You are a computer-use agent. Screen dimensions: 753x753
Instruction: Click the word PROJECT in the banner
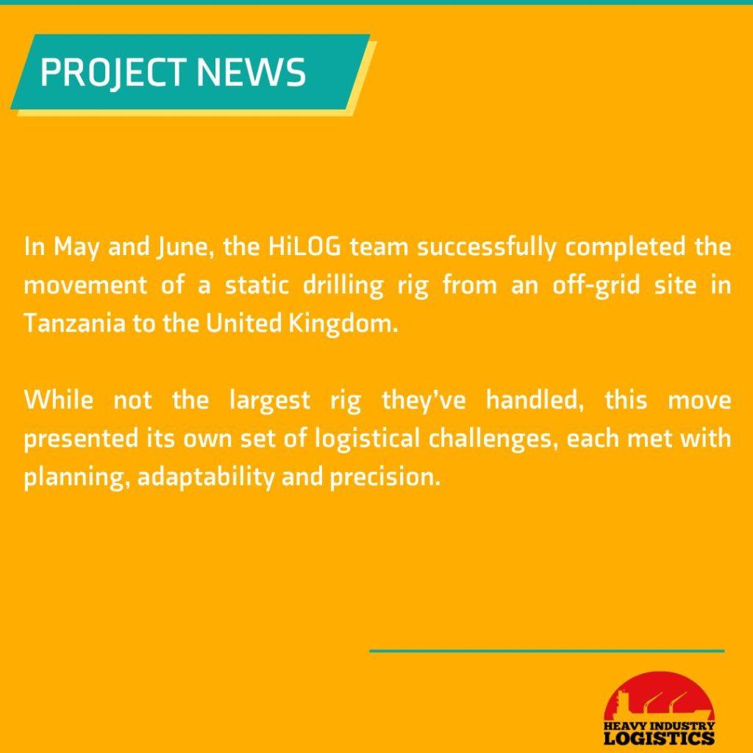click(113, 73)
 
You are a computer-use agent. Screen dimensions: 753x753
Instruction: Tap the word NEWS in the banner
click(251, 72)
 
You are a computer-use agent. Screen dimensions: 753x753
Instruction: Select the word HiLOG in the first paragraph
click(304, 247)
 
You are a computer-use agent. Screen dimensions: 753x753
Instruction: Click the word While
click(59, 399)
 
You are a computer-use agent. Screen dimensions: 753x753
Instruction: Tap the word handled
click(535, 401)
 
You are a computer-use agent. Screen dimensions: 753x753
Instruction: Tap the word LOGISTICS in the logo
click(659, 737)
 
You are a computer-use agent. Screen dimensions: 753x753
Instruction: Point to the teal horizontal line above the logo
click(546, 651)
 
